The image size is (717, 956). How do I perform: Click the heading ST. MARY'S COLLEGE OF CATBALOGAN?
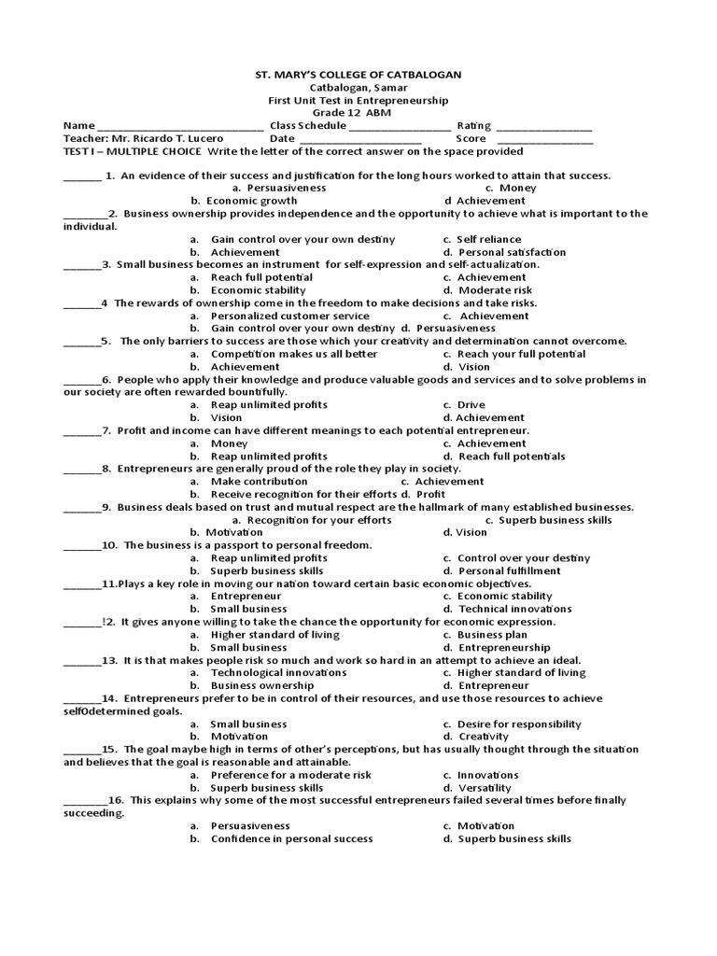coord(358,74)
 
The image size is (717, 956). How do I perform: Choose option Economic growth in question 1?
coord(251,201)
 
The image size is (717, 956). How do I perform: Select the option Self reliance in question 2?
coord(489,240)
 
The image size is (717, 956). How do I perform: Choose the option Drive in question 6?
coord(471,405)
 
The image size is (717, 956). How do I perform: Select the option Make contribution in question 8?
coord(259,482)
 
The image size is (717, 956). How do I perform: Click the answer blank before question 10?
coord(81,546)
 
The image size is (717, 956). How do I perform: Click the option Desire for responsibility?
coord(519,724)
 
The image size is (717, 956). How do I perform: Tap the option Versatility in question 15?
coord(485,788)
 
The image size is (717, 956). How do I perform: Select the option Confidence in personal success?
coord(291,839)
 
